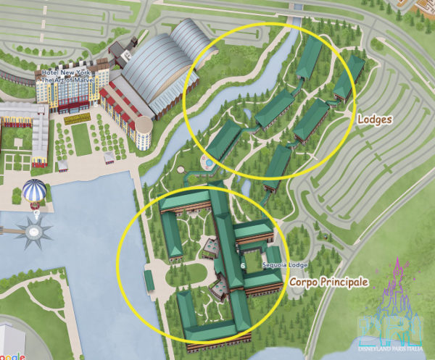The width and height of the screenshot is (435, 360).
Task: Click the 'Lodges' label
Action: pyautogui.click(x=374, y=120)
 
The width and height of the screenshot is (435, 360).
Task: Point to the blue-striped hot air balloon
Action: pyautogui.click(x=33, y=192)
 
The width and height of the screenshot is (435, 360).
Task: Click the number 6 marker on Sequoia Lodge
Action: pyautogui.click(x=241, y=266)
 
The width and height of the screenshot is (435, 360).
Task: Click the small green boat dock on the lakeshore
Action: pyautogui.click(x=149, y=280)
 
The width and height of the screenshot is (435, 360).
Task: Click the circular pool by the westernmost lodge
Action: pyautogui.click(x=208, y=164)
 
